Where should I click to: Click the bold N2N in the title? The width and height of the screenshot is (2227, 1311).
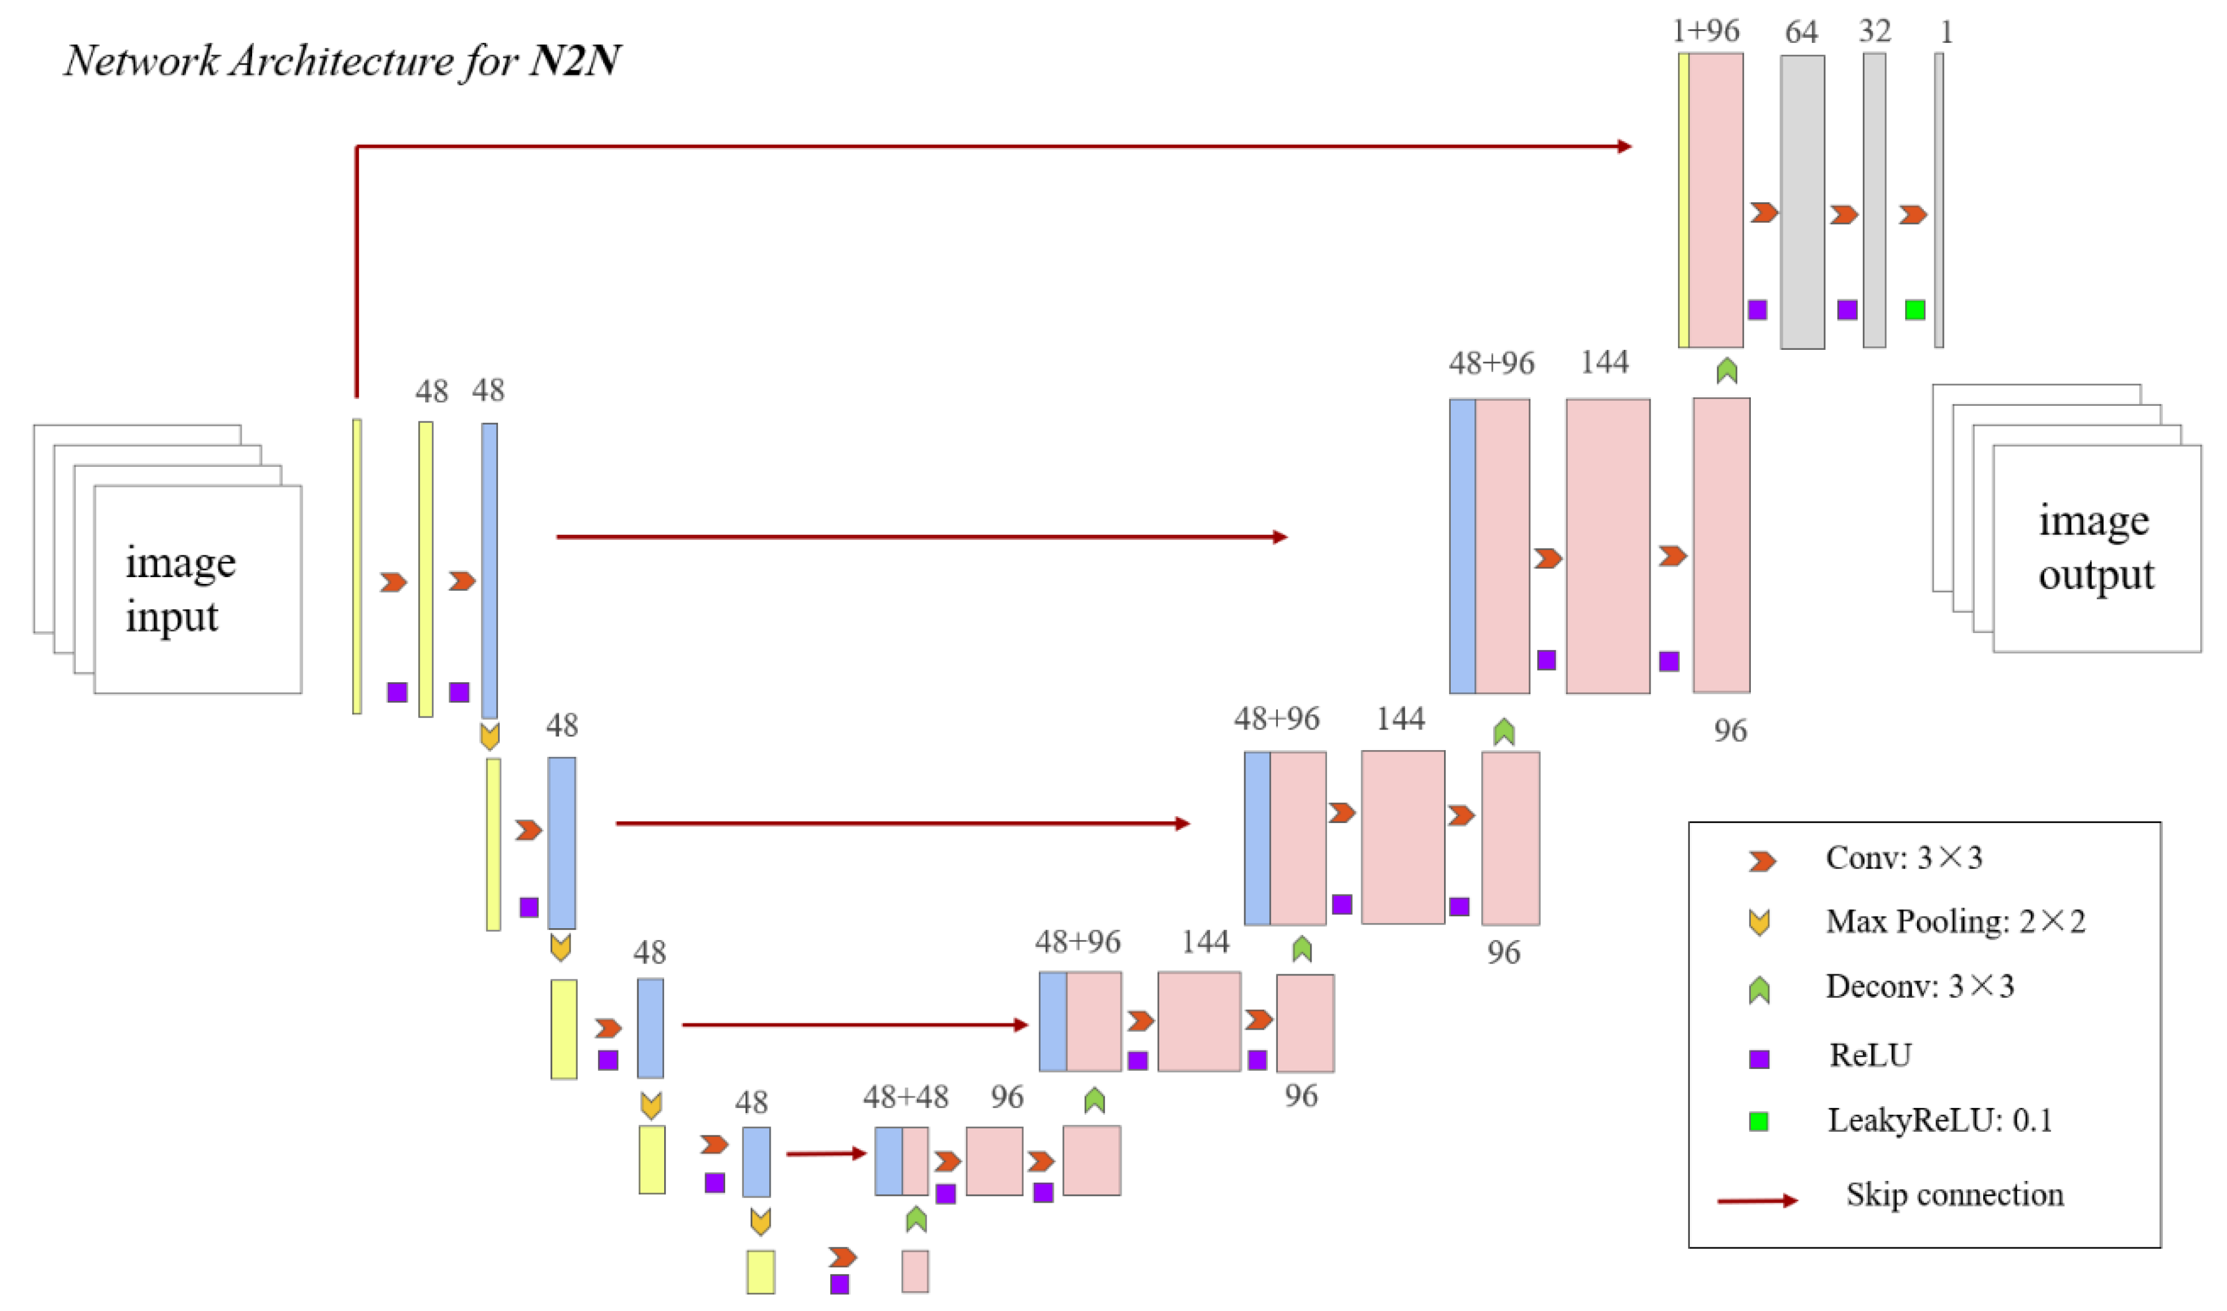click(574, 60)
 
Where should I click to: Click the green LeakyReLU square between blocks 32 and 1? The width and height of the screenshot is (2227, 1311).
click(1915, 309)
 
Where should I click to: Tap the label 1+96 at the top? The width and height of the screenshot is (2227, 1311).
click(1705, 32)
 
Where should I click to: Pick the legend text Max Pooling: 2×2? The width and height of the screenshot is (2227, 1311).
click(1955, 921)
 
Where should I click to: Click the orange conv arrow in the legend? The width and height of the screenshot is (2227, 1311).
click(1761, 861)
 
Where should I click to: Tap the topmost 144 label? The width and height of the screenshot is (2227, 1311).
click(1604, 362)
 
